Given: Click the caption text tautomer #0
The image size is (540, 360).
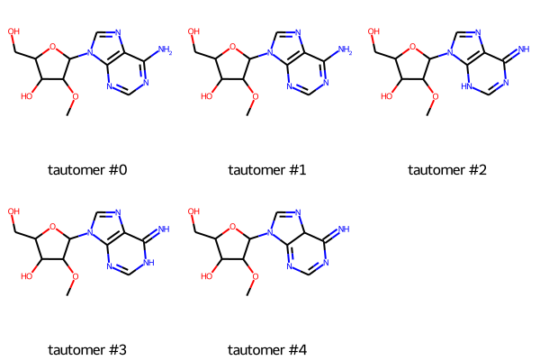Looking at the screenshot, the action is click(x=87, y=170).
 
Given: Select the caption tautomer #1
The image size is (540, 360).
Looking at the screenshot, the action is click(x=267, y=170).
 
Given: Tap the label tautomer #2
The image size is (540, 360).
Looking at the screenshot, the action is click(x=447, y=170).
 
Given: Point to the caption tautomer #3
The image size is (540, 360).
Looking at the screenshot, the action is click(x=87, y=350).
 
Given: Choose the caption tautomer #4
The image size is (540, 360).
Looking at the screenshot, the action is click(x=267, y=350).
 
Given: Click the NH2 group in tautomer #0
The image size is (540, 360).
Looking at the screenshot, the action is click(x=165, y=50).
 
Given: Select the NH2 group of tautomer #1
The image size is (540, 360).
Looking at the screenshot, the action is click(x=345, y=50).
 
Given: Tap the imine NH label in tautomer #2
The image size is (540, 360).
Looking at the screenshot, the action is click(x=524, y=49).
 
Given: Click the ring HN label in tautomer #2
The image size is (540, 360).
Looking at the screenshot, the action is click(x=467, y=86).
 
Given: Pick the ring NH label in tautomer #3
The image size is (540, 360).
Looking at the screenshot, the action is click(x=148, y=263).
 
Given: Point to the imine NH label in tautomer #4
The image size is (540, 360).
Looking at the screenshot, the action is click(x=344, y=229).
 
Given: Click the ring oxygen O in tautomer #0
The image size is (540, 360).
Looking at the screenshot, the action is click(x=52, y=47).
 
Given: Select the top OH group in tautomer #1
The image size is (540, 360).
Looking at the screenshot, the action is click(x=193, y=31).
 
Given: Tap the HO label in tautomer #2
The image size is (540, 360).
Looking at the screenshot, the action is click(x=387, y=96).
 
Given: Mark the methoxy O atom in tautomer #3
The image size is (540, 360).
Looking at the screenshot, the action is click(x=75, y=276).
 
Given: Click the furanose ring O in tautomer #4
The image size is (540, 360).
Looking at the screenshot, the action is click(x=232, y=227).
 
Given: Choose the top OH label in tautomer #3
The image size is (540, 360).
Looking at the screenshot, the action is click(x=13, y=211).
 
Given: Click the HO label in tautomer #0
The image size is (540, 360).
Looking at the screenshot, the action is click(x=26, y=96).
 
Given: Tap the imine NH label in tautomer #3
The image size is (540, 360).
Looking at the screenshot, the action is click(x=164, y=229).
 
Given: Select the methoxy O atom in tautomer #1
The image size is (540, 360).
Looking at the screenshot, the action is click(x=256, y=97).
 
